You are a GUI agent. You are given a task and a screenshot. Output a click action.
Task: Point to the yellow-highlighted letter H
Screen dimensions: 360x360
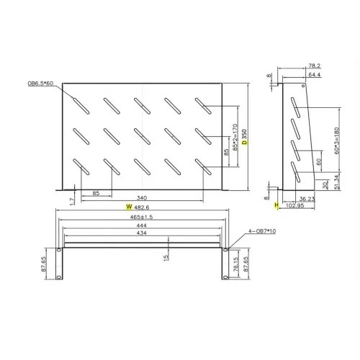276,205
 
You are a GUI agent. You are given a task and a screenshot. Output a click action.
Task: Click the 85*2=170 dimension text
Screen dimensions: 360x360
234,140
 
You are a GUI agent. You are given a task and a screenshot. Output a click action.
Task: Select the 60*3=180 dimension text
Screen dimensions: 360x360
337,142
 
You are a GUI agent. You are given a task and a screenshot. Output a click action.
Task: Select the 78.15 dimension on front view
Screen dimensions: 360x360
235,259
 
